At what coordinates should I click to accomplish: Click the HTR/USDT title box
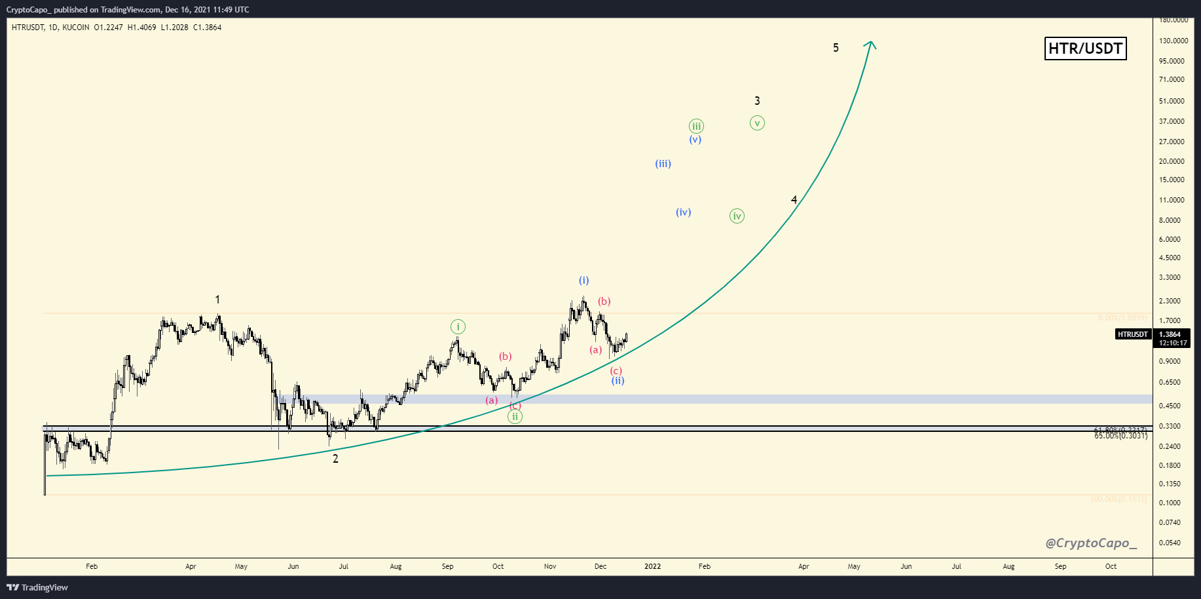pyautogui.click(x=1085, y=48)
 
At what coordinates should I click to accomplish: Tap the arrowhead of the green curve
pyautogui.click(x=870, y=45)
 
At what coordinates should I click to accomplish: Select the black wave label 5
pyautogui.click(x=836, y=48)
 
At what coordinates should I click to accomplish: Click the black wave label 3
pyautogui.click(x=757, y=101)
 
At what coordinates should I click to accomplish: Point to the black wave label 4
pyautogui.click(x=794, y=200)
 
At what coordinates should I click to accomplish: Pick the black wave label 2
pyautogui.click(x=335, y=459)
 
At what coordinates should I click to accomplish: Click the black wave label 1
pyautogui.click(x=217, y=299)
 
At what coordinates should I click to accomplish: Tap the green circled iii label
pyautogui.click(x=696, y=126)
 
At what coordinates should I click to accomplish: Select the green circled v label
pyautogui.click(x=757, y=123)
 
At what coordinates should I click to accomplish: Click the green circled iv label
pyautogui.click(x=737, y=216)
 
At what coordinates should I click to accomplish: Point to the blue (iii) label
pyautogui.click(x=663, y=164)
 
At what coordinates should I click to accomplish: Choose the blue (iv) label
pyautogui.click(x=683, y=212)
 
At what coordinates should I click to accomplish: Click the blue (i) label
pyautogui.click(x=583, y=280)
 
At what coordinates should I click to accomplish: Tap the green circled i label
pyautogui.click(x=458, y=327)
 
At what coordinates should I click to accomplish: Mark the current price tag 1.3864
pyautogui.click(x=1170, y=334)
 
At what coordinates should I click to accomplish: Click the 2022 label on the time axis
pyautogui.click(x=652, y=566)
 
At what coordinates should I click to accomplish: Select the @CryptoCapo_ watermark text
pyautogui.click(x=1091, y=543)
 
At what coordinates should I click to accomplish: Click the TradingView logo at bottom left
pyautogui.click(x=37, y=587)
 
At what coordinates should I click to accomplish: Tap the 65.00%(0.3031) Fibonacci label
pyautogui.click(x=1120, y=436)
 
